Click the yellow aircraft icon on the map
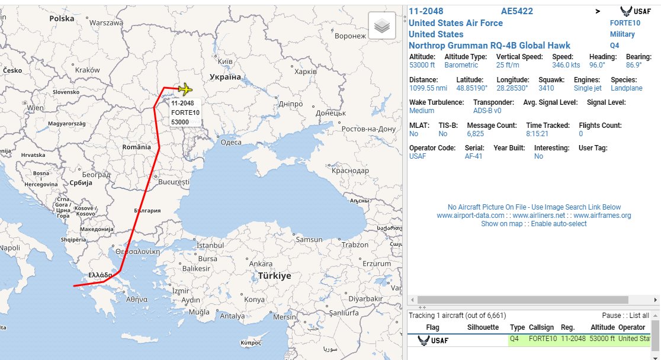[x=185, y=89]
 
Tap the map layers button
[x=383, y=25]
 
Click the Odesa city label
[x=230, y=142]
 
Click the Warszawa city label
[x=106, y=22]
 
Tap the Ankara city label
[x=261, y=263]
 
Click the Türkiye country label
[x=274, y=276]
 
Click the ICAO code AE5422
[x=517, y=11]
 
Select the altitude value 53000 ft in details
[x=422, y=65]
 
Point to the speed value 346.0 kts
[x=566, y=65]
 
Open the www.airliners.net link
[x=535, y=216]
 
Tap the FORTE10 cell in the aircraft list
[x=543, y=339]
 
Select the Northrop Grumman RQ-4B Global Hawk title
[x=490, y=46]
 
